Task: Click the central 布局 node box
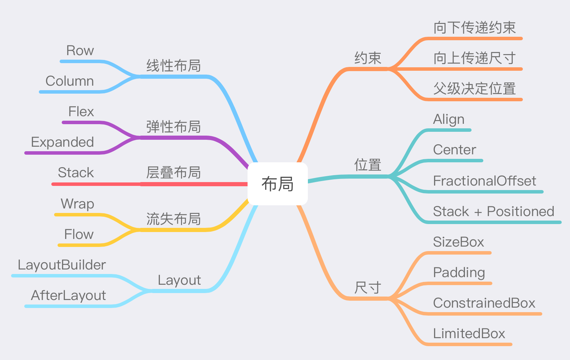tap(278, 183)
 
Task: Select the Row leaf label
tap(80, 50)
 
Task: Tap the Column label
tap(70, 81)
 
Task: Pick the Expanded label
tap(62, 142)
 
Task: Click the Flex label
tap(81, 112)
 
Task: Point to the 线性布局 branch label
tap(174, 66)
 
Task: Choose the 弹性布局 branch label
tap(174, 127)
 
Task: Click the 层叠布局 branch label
tap(174, 172)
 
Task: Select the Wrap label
tap(77, 204)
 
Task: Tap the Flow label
tap(79, 234)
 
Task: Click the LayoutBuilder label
tap(62, 265)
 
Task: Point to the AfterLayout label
tap(68, 295)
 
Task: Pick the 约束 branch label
tap(368, 58)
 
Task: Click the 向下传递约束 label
tap(475, 27)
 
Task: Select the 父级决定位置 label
tap(475, 88)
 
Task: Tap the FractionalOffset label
tap(484, 181)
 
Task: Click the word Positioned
tap(521, 211)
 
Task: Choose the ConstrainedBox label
tap(484, 303)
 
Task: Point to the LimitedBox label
tap(469, 334)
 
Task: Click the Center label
tap(455, 150)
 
